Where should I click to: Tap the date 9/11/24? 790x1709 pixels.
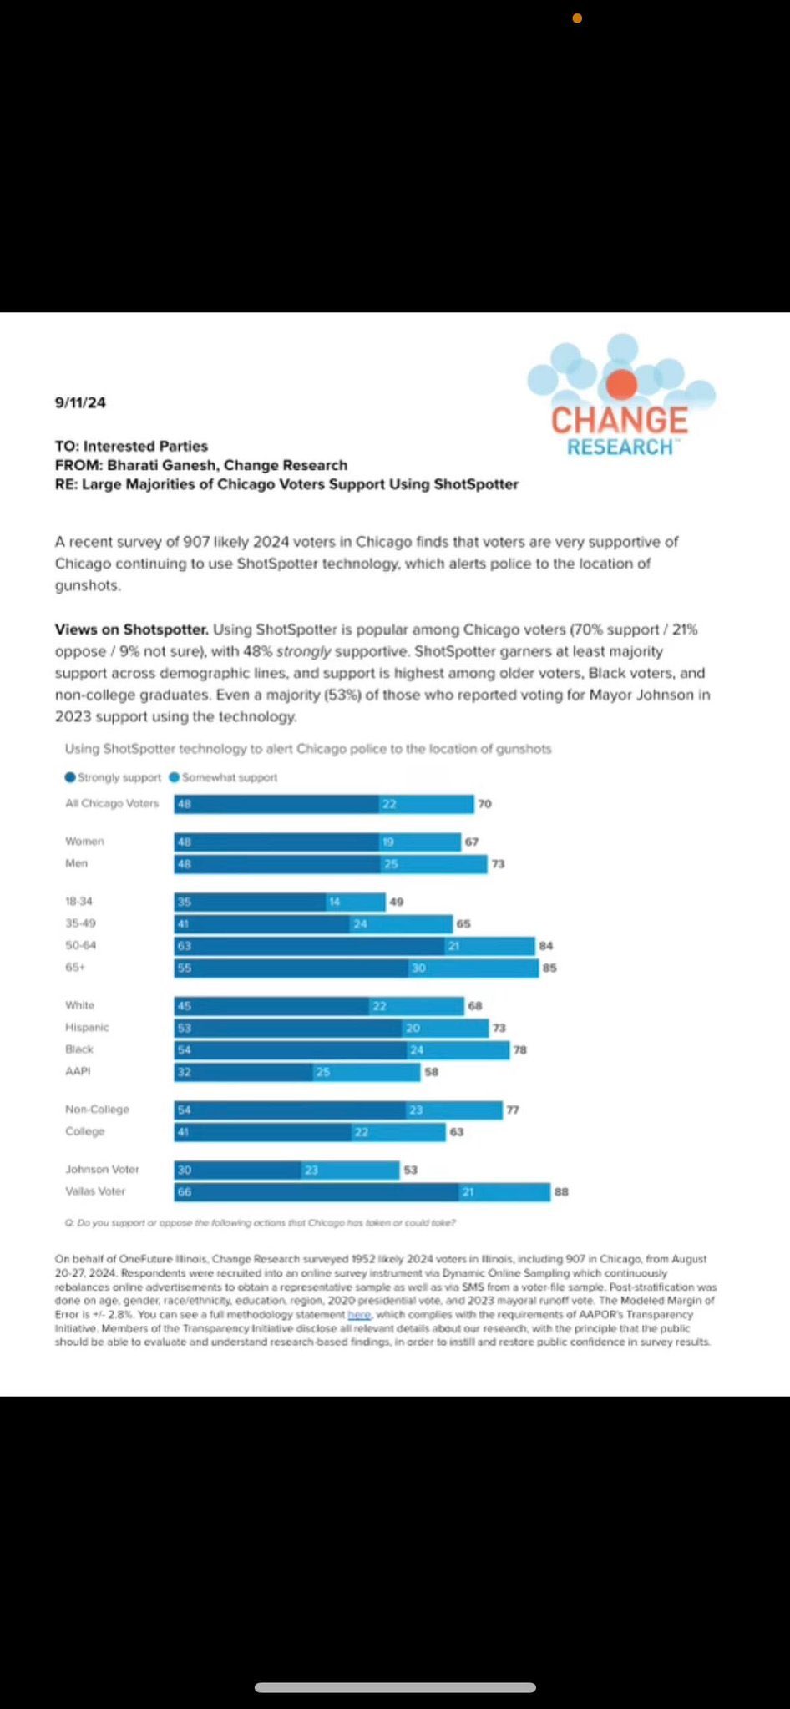(80, 402)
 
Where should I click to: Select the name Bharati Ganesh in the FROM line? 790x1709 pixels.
(160, 465)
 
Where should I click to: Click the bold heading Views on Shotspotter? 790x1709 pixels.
(131, 629)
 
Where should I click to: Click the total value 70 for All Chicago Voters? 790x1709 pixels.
(484, 804)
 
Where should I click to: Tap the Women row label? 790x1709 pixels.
(84, 842)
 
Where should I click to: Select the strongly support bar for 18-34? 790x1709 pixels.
(250, 902)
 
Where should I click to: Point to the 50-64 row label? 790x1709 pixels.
(81, 946)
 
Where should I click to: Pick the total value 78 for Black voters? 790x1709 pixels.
(519, 1049)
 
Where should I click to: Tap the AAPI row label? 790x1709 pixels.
(78, 1071)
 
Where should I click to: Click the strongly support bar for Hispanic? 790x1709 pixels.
(287, 1028)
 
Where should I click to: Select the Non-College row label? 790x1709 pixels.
(97, 1110)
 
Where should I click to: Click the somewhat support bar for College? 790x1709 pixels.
(398, 1132)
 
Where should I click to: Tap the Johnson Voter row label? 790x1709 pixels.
(102, 1170)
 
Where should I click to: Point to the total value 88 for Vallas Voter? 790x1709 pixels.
(561, 1192)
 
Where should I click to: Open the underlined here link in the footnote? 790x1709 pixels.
(358, 1315)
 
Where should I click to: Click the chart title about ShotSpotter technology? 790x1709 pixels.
(308, 749)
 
